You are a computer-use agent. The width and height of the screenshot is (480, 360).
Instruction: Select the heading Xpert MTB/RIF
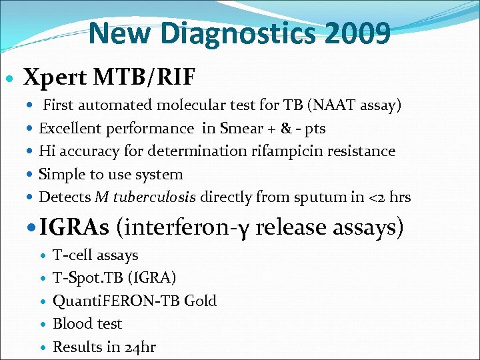click(109, 77)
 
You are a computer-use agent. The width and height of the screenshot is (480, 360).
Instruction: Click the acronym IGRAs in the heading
click(74, 227)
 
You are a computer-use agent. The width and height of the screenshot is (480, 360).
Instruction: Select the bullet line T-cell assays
click(95, 255)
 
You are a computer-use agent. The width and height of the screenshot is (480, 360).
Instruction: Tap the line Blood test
click(87, 324)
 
